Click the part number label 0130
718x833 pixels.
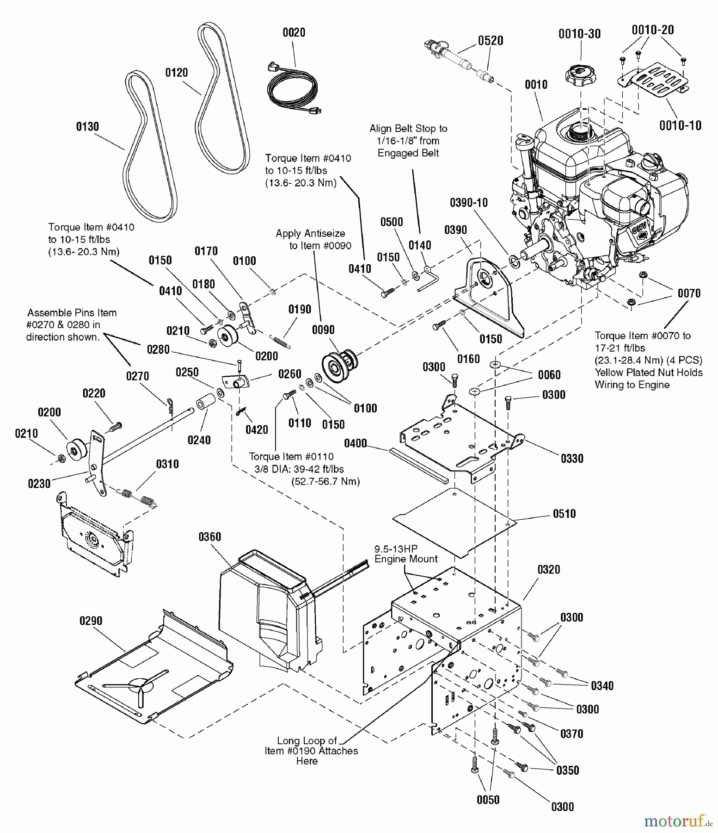coord(87,126)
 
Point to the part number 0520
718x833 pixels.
coord(491,41)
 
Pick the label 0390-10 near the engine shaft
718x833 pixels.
coord(469,203)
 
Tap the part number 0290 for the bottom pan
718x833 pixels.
coord(91,621)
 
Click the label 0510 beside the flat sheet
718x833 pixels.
coord(564,514)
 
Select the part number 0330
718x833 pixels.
coord(572,458)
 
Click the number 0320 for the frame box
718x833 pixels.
coord(549,569)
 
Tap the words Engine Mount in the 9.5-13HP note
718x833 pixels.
coord(406,559)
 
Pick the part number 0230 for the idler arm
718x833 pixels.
coord(39,484)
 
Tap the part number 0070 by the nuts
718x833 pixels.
coord(689,293)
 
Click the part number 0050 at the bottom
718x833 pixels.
coord(488,800)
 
